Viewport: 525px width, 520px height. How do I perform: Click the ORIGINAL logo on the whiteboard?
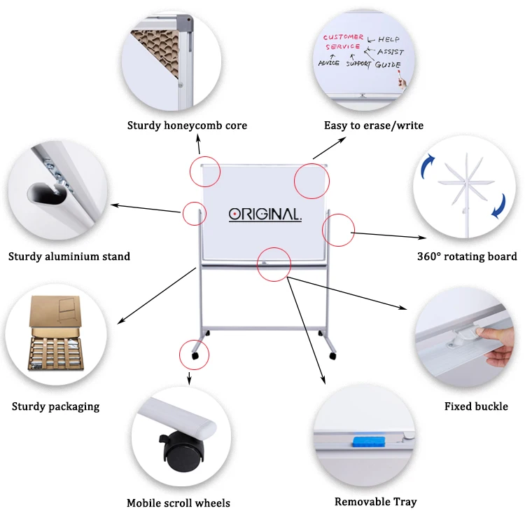265,214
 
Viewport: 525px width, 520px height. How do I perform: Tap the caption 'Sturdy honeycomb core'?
187,125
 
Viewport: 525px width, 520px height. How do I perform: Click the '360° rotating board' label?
467,256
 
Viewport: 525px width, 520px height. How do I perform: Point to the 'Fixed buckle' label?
476,406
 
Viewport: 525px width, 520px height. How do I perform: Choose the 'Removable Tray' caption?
375,501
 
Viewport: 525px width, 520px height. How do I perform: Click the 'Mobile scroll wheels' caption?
178,502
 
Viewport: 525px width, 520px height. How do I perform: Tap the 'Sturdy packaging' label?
56,406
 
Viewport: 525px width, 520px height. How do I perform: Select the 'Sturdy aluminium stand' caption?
69,256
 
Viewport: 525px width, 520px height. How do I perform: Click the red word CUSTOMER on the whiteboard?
343,37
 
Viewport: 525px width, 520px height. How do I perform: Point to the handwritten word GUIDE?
387,64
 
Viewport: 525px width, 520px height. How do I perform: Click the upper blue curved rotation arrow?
428,166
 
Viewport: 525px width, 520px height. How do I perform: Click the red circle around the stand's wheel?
195,355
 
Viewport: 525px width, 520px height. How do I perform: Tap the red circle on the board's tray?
274,264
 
